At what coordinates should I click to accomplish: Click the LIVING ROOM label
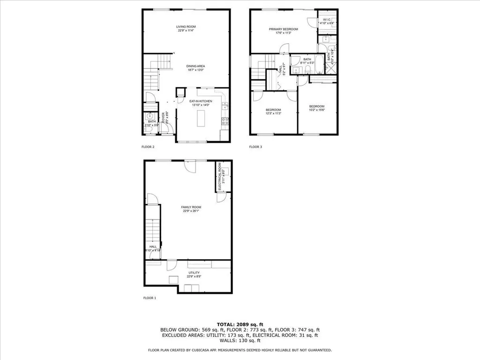186,27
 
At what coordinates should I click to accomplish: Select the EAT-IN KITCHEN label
201,101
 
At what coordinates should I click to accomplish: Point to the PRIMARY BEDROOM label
283,29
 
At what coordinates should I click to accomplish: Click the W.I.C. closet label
327,20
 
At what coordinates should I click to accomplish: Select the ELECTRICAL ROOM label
219,177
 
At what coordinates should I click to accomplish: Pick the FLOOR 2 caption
148,147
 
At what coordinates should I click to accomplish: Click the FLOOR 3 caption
255,147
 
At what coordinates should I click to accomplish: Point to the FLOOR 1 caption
150,298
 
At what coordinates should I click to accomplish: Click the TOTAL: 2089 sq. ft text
240,324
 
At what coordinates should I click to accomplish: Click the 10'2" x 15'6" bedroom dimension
316,110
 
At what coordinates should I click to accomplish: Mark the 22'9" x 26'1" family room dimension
191,211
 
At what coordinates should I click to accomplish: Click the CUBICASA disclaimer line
240,350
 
